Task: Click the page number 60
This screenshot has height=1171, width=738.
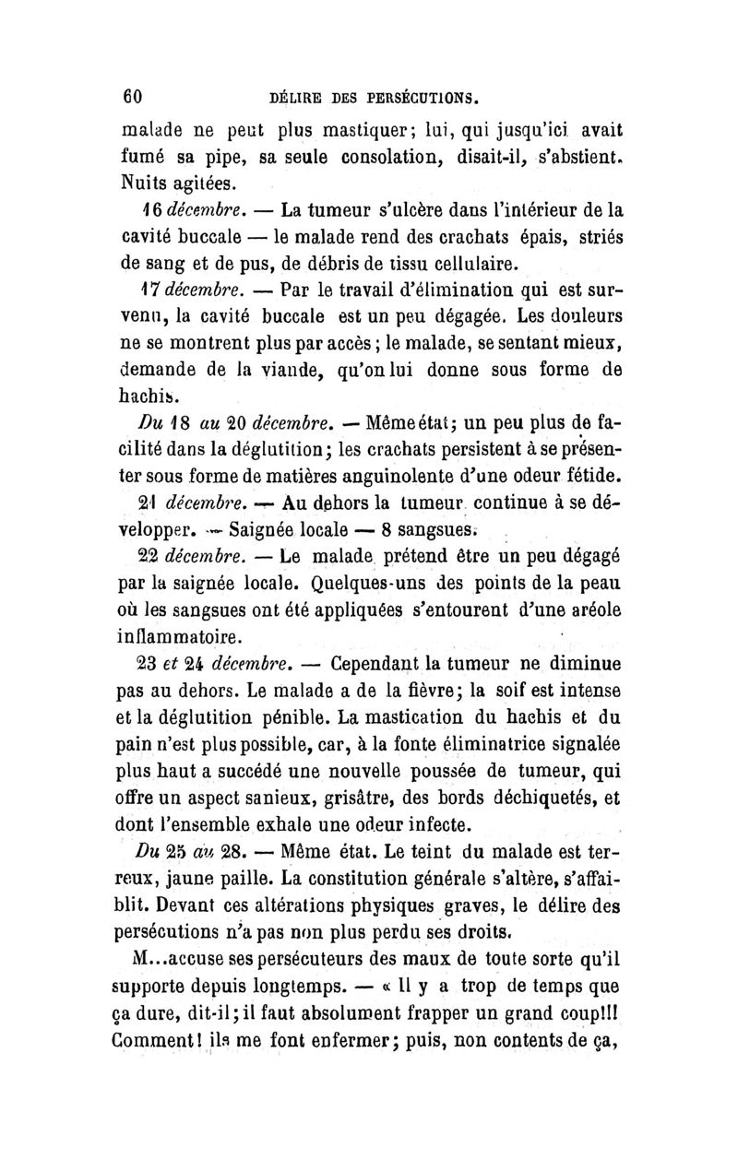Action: (136, 95)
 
